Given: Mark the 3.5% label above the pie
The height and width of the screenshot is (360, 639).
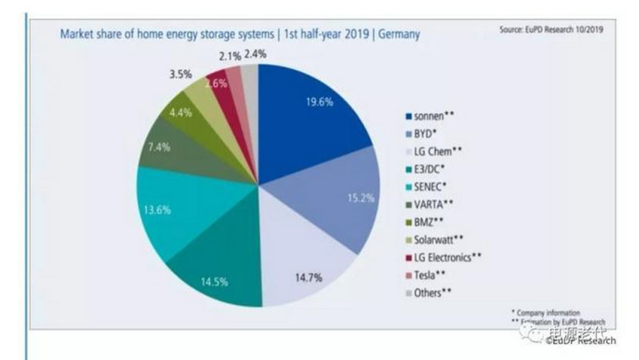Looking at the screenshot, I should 180,74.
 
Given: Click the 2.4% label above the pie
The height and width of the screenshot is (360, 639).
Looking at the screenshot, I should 256,54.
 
